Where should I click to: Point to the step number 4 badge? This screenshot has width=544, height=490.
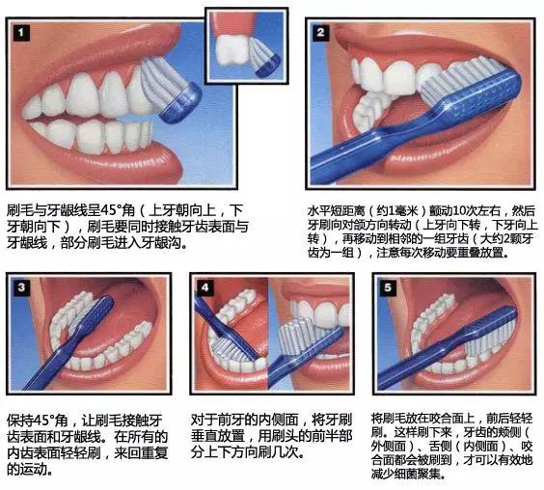coord(204,286)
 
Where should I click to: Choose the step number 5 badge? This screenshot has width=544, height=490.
coord(388,286)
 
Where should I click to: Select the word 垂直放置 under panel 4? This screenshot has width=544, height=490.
coord(221,436)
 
